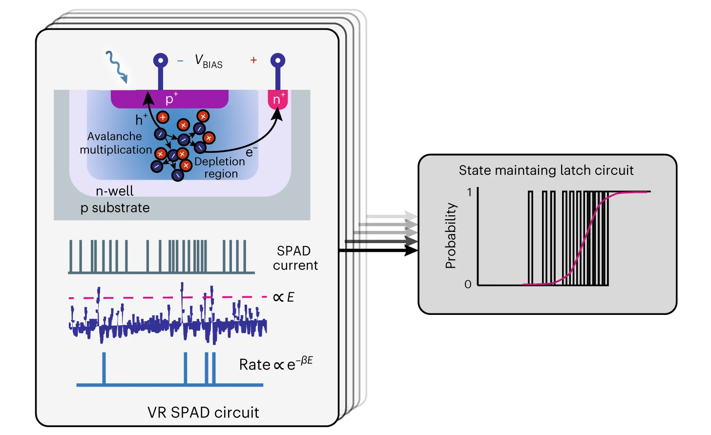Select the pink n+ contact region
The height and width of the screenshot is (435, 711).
point(278,99)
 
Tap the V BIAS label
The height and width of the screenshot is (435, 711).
point(209,61)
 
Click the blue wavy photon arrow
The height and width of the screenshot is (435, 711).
point(117,66)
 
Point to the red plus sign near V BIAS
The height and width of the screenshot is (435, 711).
point(253,60)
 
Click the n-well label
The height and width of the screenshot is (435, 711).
point(114,191)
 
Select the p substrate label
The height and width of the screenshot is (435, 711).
point(115,208)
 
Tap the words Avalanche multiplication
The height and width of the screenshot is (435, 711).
point(116,143)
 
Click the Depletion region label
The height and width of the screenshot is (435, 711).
point(220,167)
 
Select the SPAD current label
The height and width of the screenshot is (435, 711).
point(295,258)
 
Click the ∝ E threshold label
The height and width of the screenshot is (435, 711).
point(284,297)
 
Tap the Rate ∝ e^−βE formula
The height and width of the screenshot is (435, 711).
point(276,364)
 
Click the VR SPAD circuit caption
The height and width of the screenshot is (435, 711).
point(203,413)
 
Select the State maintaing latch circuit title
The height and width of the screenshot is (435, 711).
point(546,170)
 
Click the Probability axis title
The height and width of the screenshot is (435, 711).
point(451,235)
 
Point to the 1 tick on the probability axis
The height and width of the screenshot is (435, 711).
point(470,192)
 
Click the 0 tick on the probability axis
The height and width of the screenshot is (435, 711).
point(468,284)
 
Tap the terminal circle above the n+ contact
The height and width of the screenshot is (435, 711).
point(278,61)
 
